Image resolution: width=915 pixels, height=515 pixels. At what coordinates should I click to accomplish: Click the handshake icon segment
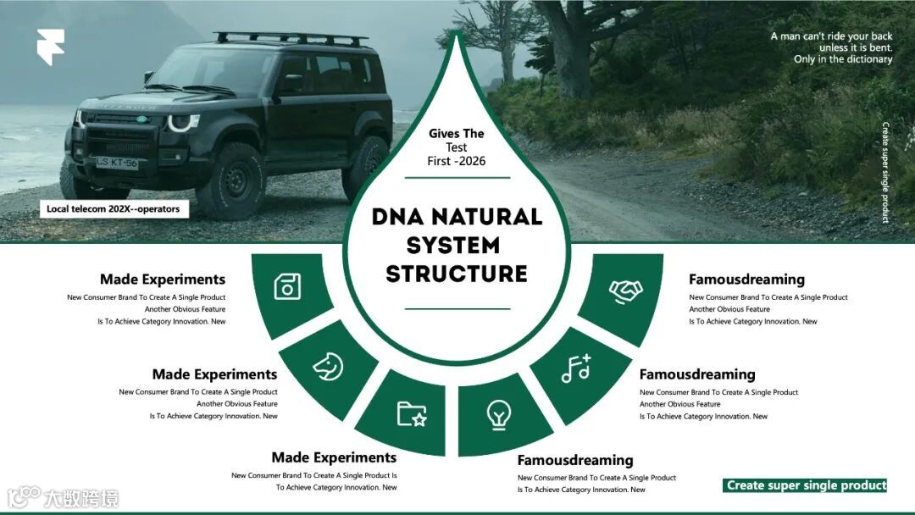pyautogui.click(x=625, y=293)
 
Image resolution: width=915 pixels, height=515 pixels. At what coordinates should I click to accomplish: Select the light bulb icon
pyautogui.click(x=499, y=415)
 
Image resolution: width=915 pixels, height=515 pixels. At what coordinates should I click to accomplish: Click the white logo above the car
pyautogui.click(x=50, y=47)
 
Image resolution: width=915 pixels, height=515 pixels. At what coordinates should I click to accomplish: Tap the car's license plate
pyautogui.click(x=116, y=162)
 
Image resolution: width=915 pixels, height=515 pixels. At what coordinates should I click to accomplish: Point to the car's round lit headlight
pyautogui.click(x=181, y=122)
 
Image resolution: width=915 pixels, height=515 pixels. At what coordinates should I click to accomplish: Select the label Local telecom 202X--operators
pyautogui.click(x=114, y=209)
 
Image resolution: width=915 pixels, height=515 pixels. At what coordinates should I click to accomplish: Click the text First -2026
pyautogui.click(x=457, y=161)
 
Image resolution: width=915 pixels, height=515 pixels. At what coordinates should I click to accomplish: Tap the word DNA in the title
pyautogui.click(x=402, y=217)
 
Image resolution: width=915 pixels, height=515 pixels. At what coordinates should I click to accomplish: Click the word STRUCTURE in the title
pyautogui.click(x=457, y=274)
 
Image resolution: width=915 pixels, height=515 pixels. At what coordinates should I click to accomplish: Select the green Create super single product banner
pyautogui.click(x=806, y=485)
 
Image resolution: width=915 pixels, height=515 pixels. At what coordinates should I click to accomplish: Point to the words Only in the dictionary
pyautogui.click(x=842, y=59)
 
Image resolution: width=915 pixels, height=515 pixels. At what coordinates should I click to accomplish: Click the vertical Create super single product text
pyautogui.click(x=885, y=173)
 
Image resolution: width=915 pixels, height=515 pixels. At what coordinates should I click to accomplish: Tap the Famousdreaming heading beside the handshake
pyautogui.click(x=746, y=280)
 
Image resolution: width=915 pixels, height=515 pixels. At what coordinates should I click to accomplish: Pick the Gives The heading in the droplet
pyautogui.click(x=457, y=134)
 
